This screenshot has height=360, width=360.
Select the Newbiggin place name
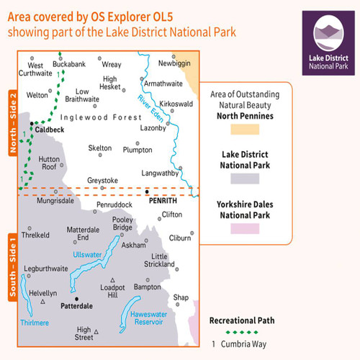click(x=174, y=63)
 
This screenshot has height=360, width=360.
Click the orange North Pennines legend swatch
click(x=249, y=130)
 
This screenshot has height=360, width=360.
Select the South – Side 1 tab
click(x=12, y=266)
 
